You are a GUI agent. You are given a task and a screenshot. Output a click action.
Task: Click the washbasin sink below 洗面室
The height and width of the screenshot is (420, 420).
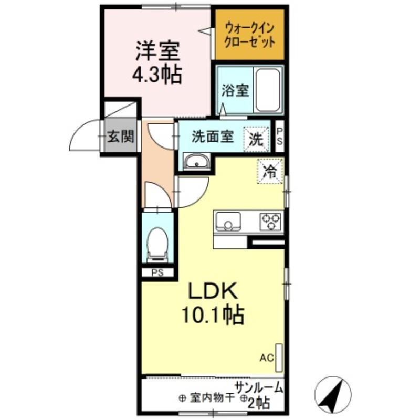coord(196,162)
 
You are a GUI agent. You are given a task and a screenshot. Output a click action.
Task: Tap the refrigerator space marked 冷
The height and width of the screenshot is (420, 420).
coord(270,171)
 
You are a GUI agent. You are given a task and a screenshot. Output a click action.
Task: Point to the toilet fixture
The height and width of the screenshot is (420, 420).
coord(156,244)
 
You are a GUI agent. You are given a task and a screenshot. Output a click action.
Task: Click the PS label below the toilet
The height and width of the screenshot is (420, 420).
coord(157,272)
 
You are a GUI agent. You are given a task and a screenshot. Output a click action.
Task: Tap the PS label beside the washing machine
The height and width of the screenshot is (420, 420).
coord(280,136)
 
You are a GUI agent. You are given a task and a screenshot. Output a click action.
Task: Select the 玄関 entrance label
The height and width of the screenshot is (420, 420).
coord(121,137)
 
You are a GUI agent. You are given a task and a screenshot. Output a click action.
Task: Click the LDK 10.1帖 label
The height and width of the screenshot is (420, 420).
coord(212,303)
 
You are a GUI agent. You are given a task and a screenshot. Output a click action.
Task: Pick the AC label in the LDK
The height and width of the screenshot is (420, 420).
coord(267,359)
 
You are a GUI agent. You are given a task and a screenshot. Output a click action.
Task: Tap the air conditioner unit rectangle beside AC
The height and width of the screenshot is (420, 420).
coord(279,357)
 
